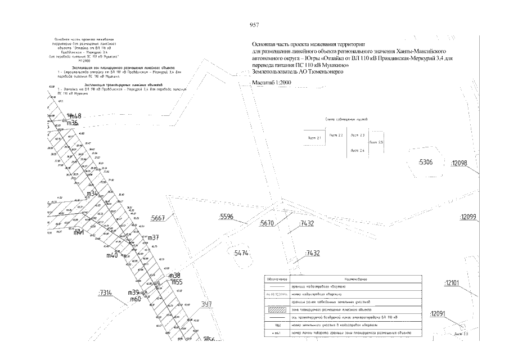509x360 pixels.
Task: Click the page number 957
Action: (254, 25)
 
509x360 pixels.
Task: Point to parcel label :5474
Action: (241, 254)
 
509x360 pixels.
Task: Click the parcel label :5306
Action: (425, 163)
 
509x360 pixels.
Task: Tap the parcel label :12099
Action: (468, 217)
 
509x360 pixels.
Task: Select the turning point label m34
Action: (92, 193)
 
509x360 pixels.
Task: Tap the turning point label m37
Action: (154, 237)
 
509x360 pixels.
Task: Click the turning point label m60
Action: (135, 299)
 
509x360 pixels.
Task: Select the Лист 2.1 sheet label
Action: (315, 137)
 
